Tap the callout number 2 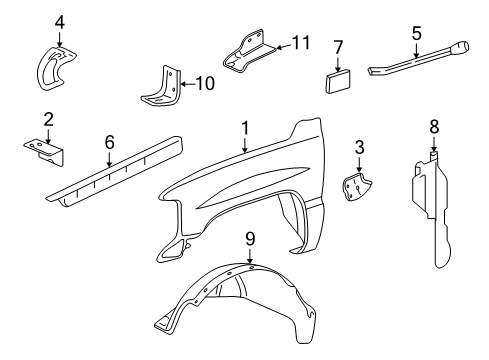pos(48,121)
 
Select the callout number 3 pos(359,148)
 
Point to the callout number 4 pos(59,22)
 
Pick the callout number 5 pos(416,33)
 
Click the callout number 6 pos(109,143)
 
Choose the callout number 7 pos(338,47)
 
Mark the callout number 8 pos(434,127)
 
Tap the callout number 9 pos(251,239)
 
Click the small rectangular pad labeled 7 pos(338,79)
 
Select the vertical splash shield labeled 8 pos(438,210)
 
